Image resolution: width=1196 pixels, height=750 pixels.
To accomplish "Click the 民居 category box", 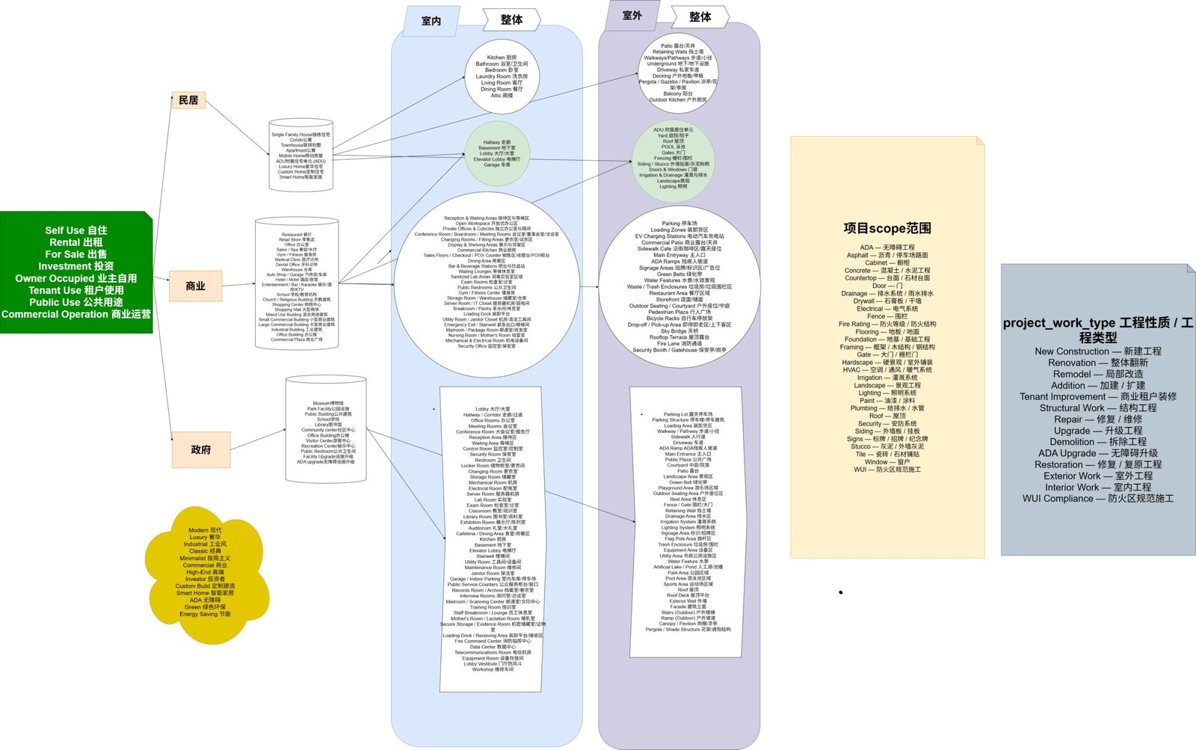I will (188, 100).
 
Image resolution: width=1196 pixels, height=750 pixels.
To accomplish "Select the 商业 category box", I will (195, 286).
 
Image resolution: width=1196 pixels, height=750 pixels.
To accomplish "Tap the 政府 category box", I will (200, 449).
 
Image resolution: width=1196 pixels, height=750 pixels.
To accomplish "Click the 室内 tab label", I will (431, 21).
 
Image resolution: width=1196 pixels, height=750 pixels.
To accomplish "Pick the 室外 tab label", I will (632, 15).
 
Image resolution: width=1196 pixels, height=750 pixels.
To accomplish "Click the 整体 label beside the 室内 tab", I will (511, 19).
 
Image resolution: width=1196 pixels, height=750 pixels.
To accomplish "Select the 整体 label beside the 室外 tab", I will (700, 16).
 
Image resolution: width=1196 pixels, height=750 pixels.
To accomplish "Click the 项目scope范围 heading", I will (887, 228).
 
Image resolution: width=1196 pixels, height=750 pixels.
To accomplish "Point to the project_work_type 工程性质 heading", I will (1097, 330).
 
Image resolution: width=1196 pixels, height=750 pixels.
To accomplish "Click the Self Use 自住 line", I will (76, 230).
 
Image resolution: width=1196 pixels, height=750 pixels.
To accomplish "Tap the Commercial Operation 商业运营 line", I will (76, 314).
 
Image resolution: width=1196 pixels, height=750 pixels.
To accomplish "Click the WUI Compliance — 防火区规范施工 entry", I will (1097, 498).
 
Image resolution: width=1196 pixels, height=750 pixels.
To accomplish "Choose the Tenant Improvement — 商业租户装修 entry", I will (1097, 396).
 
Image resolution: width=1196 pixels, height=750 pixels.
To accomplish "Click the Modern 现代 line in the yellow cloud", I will (205, 530).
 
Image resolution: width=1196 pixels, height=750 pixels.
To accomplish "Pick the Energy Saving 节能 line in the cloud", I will (205, 614).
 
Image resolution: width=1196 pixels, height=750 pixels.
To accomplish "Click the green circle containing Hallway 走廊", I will (501, 153).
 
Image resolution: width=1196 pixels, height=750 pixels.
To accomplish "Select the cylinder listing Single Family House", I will (301, 156).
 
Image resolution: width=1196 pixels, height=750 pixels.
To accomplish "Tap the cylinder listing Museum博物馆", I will (326, 432).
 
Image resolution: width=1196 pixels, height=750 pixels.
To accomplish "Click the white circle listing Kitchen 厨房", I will (502, 76).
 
